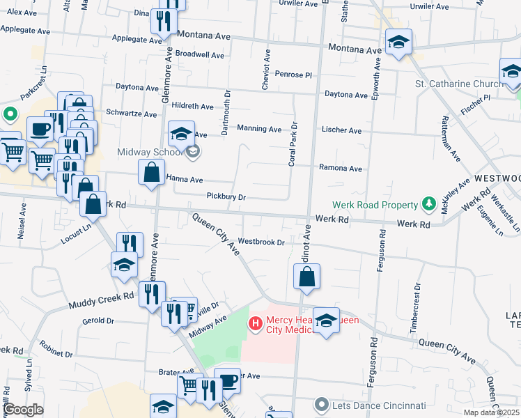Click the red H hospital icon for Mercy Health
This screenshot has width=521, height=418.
[255, 323]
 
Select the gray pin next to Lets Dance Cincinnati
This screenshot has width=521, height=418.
[321, 404]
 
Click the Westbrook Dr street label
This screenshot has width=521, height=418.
[262, 242]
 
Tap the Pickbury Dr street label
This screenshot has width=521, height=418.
[226, 197]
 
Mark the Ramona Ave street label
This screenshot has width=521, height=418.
[340, 168]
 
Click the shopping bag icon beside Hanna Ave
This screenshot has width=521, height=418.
[151, 172]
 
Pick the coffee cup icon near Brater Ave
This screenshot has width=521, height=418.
[227, 380]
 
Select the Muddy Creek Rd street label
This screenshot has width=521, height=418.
[100, 300]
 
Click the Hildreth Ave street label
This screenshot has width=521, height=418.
[193, 107]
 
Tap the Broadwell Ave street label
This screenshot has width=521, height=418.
[200, 54]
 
